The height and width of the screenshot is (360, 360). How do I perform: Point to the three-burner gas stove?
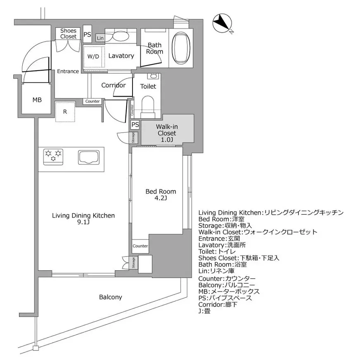[x=54, y=156]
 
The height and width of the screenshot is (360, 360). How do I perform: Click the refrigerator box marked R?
[x=65, y=111]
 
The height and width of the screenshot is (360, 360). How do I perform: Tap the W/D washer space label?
[x=93, y=57]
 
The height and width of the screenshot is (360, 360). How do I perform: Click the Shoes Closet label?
[x=68, y=33]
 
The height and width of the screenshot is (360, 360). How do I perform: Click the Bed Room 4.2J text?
[x=161, y=194]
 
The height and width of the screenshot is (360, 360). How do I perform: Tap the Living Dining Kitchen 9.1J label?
[x=83, y=219]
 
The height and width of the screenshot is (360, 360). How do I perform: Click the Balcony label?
[x=110, y=297]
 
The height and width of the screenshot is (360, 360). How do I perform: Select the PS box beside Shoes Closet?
[x=88, y=35]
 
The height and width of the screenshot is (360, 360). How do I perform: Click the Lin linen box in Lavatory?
[x=100, y=38]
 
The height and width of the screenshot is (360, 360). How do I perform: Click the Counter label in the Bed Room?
[x=140, y=246]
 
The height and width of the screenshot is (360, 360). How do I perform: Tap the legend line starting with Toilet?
[x=217, y=251]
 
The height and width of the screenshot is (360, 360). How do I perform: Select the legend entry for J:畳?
[x=204, y=311]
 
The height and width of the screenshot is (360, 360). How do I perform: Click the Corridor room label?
[x=114, y=85]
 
